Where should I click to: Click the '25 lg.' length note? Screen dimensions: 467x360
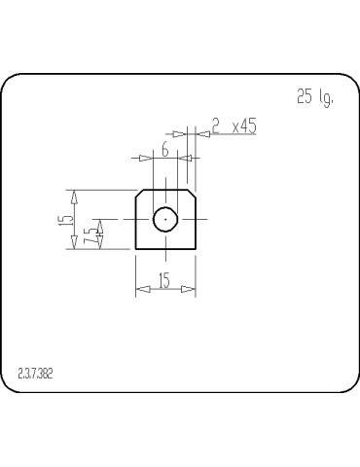coord(313,97)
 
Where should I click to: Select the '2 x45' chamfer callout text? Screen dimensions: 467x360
coord(234,126)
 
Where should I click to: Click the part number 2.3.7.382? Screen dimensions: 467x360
coord(36,373)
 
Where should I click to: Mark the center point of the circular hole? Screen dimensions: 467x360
coord(165,220)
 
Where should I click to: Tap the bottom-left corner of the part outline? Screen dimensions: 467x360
coord(135,249)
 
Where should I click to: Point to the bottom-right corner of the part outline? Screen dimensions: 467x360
coord(196,249)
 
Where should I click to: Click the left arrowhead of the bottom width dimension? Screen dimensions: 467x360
coord(141,288)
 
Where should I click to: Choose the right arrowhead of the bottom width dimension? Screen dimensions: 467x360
coord(190,288)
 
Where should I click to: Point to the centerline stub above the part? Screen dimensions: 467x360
coord(165,181)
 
